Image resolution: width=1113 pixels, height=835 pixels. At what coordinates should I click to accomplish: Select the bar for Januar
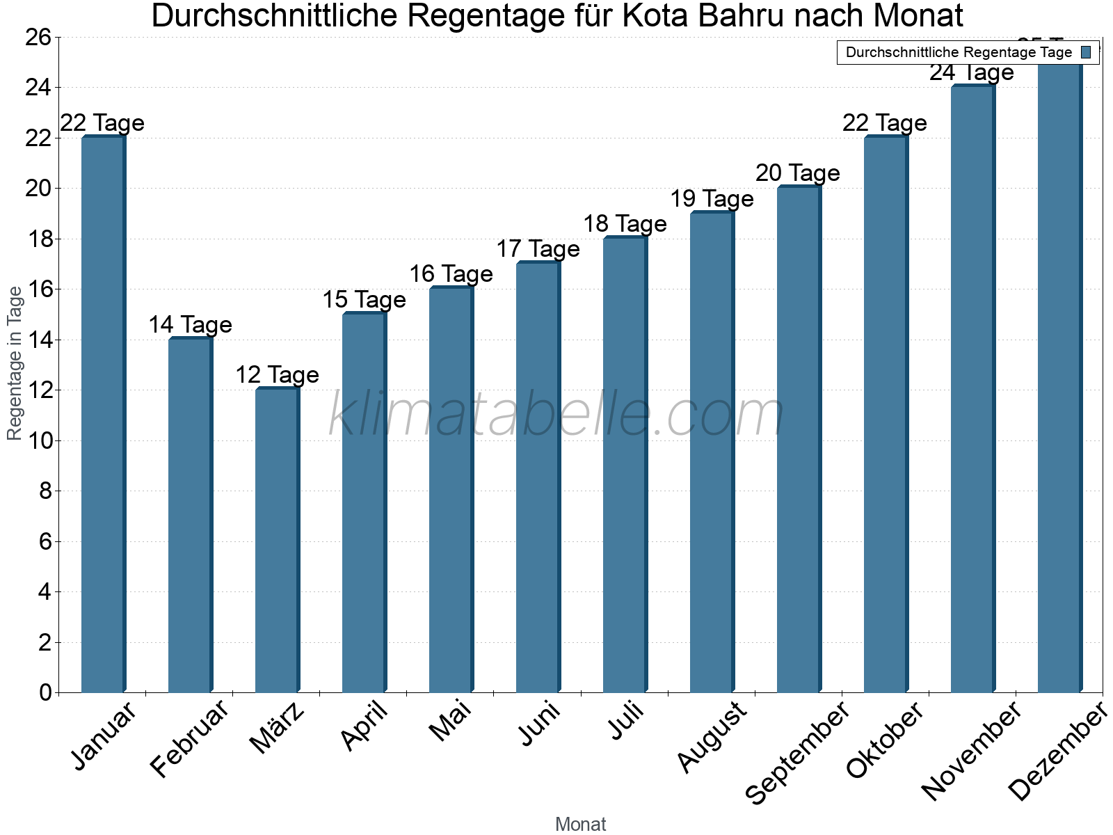click(103, 415)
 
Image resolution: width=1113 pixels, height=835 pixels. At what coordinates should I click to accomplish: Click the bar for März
click(277, 541)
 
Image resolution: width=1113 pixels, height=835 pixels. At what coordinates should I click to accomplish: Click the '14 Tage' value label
click(190, 325)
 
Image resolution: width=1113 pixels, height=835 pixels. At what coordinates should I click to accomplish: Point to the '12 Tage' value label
click(277, 375)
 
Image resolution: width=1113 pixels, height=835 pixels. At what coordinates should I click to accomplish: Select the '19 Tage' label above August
click(712, 199)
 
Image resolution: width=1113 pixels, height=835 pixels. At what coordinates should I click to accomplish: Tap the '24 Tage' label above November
click(972, 72)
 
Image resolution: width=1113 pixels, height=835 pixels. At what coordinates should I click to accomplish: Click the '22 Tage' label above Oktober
click(885, 123)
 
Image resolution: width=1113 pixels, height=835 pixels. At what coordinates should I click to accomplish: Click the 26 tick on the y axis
click(38, 37)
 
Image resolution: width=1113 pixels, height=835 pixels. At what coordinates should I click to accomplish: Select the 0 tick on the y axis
click(46, 692)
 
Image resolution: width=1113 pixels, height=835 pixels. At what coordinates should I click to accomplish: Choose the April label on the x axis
click(365, 726)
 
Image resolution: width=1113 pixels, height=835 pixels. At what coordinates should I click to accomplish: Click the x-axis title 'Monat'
click(581, 825)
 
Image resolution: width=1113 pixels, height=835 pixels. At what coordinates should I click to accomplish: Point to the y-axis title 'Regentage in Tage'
click(15, 363)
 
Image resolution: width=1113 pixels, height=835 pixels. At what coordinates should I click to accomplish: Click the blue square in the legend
click(1087, 52)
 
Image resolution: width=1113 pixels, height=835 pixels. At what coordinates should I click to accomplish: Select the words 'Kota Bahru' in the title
click(698, 16)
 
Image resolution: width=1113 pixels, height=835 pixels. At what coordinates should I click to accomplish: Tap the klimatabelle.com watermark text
click(556, 415)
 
